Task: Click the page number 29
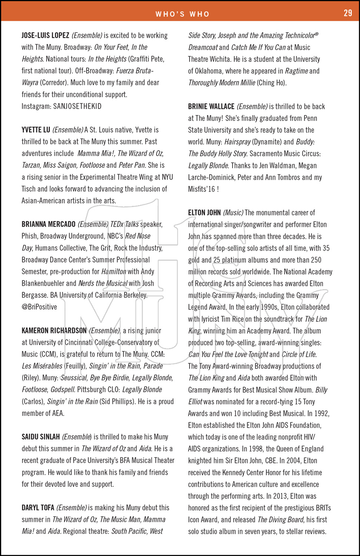pyautogui.click(x=348, y=13)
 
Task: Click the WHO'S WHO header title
pyautogui.click(x=182, y=14)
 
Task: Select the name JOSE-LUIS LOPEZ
pyautogui.click(x=45, y=36)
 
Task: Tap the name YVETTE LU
pyautogui.click(x=36, y=130)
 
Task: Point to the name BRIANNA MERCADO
pyautogui.click(x=48, y=224)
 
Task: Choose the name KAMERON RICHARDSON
pyautogui.click(x=54, y=331)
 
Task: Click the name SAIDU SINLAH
pyautogui.click(x=40, y=437)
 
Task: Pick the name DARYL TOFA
pyautogui.click(x=38, y=508)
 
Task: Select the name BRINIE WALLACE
pyautogui.click(x=211, y=107)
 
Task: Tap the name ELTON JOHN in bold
pyautogui.click(x=204, y=213)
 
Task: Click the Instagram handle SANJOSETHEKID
pyautogui.click(x=77, y=106)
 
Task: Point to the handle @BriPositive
pyautogui.click(x=39, y=307)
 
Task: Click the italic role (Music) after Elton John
pyautogui.click(x=233, y=213)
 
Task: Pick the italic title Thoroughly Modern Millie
pyautogui.click(x=222, y=83)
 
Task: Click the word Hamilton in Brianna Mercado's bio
pyautogui.click(x=114, y=272)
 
